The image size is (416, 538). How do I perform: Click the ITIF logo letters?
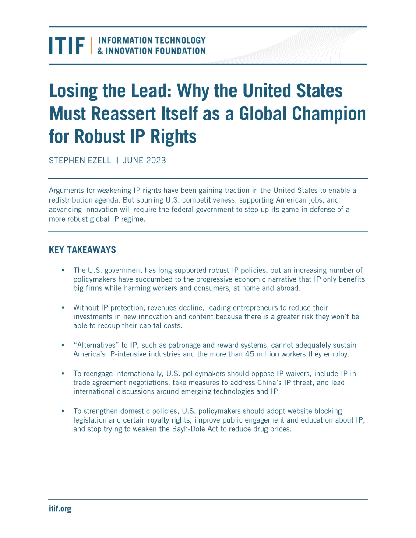67,45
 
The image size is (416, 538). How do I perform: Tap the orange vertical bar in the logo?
92,45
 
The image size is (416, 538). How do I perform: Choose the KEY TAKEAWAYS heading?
82,250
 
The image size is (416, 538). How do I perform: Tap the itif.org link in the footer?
60,509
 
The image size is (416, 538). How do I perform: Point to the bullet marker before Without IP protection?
63,308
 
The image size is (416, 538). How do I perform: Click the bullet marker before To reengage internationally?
63,374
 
